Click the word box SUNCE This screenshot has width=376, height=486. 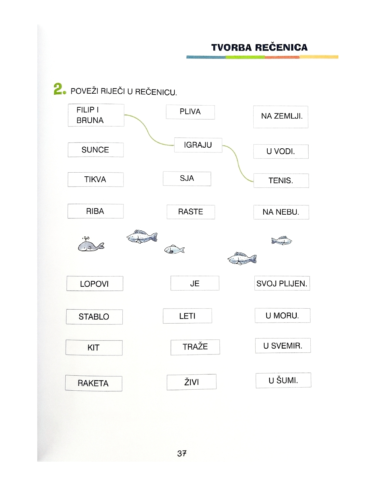click(95, 150)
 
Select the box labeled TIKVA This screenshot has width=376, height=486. click(95, 179)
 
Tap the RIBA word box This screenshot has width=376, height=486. click(95, 211)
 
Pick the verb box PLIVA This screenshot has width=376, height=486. click(190, 112)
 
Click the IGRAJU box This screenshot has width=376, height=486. click(198, 145)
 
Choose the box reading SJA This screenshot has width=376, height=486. click(187, 178)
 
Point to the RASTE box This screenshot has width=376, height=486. click(191, 212)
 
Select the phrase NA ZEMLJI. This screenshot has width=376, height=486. click(281, 117)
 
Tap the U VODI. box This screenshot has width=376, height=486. click(281, 151)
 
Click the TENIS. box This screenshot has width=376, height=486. click(281, 180)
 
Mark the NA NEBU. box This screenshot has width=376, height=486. click(281, 212)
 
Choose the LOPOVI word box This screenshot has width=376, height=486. click(94, 284)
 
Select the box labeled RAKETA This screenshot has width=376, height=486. click(93, 383)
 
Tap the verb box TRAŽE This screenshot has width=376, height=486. click(195, 347)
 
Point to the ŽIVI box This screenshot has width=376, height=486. click(191, 382)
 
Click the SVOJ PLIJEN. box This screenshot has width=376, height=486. click(282, 283)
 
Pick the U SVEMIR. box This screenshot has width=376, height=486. click(283, 346)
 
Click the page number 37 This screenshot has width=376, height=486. click(182, 454)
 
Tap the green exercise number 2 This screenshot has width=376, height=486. click(59, 89)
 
